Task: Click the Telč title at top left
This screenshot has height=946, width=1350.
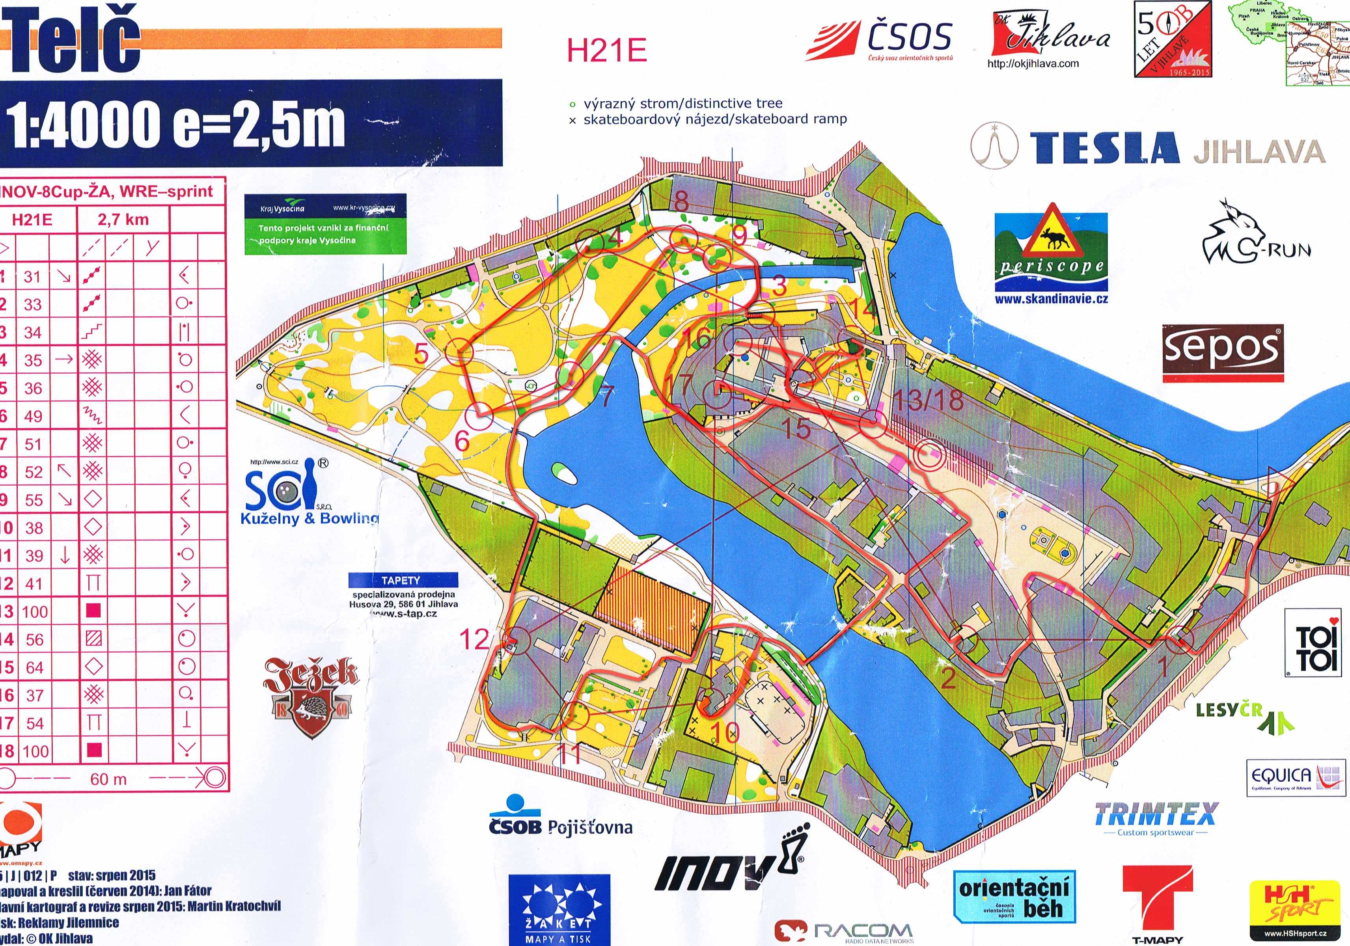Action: (x=73, y=42)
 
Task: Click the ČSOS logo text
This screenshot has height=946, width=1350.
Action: (x=909, y=37)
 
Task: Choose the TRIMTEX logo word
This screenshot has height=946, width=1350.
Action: (x=1155, y=815)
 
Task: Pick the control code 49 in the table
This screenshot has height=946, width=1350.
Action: (x=33, y=416)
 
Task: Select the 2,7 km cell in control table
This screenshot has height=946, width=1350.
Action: (x=123, y=220)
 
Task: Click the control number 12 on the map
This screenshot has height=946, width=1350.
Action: (x=474, y=639)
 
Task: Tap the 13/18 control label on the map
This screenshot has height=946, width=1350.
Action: (x=928, y=400)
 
